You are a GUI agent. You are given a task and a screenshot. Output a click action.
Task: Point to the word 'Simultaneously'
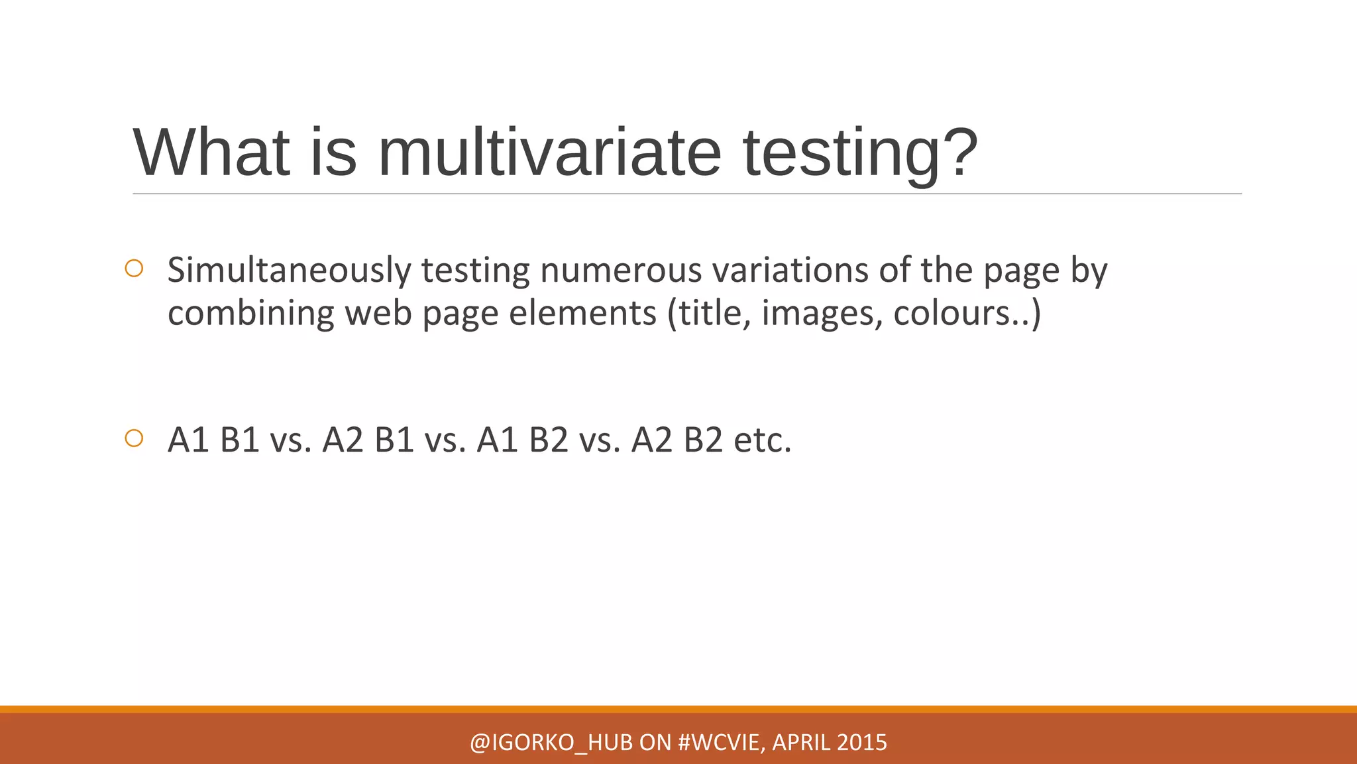click(x=289, y=271)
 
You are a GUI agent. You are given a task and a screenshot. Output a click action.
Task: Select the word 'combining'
click(x=250, y=313)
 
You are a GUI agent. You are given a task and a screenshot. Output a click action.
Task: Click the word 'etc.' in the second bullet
click(x=763, y=440)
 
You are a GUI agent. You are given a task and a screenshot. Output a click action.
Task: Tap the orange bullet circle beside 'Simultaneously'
click(x=134, y=269)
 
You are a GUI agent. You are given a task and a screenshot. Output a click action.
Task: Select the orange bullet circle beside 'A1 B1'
click(x=134, y=438)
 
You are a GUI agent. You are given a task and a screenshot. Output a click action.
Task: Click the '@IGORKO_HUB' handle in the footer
click(x=551, y=743)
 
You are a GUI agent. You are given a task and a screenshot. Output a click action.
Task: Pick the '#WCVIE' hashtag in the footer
click(x=721, y=743)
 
